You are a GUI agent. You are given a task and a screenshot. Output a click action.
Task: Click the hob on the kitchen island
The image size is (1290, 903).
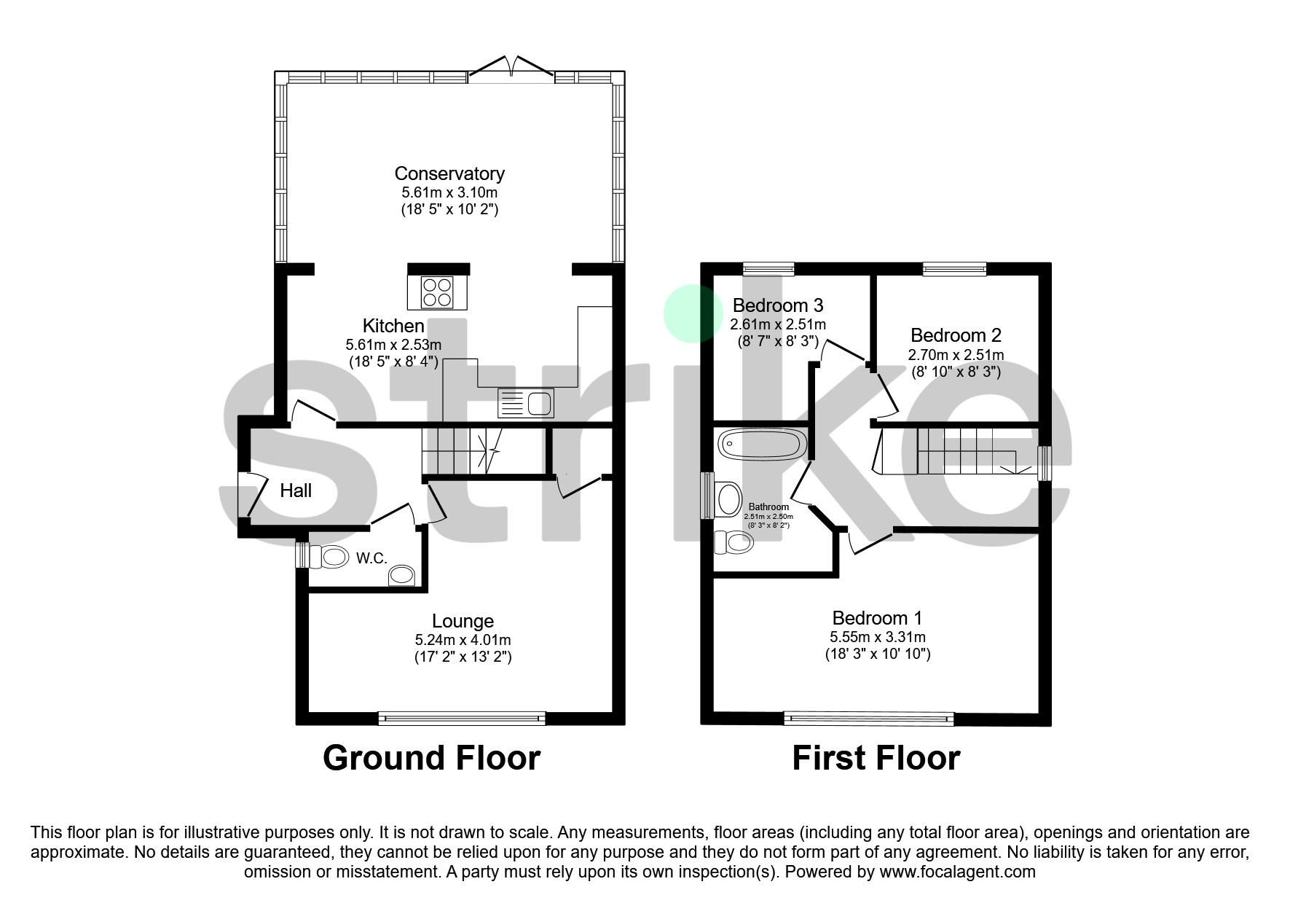coord(437,292)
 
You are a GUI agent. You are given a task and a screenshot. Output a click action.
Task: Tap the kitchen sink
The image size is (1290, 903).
coord(526,403)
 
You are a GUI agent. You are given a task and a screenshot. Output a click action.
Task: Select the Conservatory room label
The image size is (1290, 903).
coord(449,173)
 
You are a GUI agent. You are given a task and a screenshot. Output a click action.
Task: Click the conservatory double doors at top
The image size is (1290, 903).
coord(511,68)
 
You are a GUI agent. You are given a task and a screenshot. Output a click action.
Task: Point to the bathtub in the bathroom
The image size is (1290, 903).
coord(762,444)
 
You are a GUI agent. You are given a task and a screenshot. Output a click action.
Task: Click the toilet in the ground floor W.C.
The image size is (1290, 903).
coord(329,558)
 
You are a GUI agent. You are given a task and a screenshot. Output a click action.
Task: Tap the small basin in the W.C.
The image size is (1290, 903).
coord(401,576)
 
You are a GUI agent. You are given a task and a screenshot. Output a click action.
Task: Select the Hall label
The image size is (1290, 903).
coord(296,490)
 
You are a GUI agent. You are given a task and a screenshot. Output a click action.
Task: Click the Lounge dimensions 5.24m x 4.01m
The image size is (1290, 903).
coord(463,640)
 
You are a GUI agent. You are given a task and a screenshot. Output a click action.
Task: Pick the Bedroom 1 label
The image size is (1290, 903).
coord(877,618)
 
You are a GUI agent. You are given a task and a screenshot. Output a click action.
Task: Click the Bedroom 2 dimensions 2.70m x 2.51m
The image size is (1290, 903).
coord(955,355)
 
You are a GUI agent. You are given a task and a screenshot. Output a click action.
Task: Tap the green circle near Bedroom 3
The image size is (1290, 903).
coord(692,313)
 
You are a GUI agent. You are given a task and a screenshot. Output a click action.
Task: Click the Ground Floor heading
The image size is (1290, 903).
coord(431,758)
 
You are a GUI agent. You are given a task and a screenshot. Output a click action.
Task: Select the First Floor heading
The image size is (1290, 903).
coord(876,758)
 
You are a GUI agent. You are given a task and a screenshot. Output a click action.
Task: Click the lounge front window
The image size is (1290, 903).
coord(462,719)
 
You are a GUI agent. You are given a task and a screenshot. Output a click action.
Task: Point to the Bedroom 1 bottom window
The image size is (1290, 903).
coord(869,719)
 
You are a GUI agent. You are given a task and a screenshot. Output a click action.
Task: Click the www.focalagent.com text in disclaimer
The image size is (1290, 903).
coord(957,872)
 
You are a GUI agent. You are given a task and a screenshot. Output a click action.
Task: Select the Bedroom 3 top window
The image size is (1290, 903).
coord(768,269)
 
